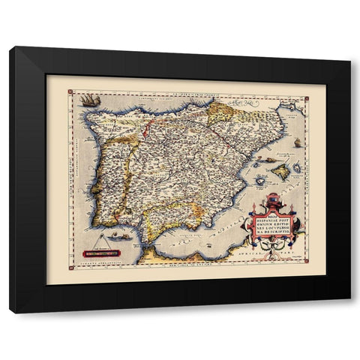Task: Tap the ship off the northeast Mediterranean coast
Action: tap(297, 142)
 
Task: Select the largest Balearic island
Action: tap(280, 172)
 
